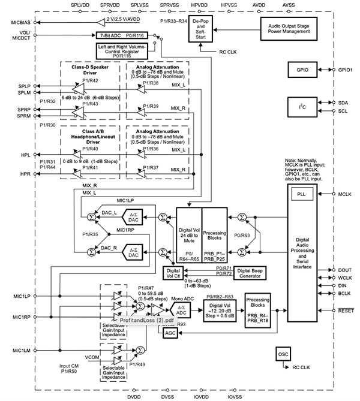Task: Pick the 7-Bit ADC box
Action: point(114,36)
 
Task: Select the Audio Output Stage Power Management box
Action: point(289,28)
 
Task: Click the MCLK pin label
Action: point(346,194)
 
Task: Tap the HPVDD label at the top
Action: point(199,4)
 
